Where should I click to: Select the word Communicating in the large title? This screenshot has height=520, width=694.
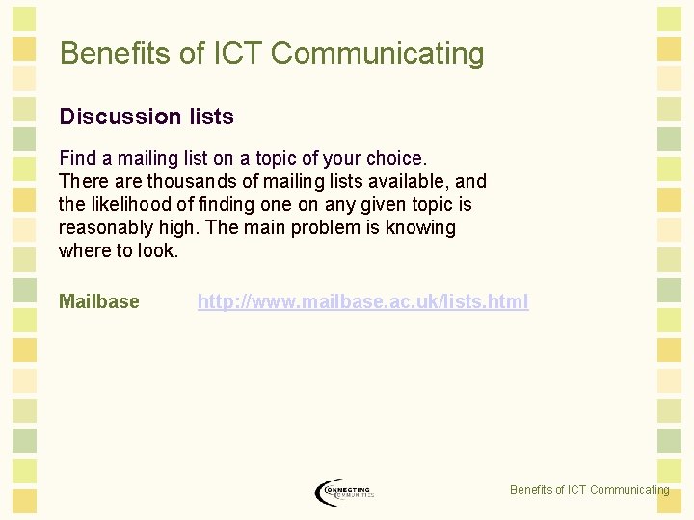(377, 53)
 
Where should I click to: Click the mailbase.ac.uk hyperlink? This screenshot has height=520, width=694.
(362, 301)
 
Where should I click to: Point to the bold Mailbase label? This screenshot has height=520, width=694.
(98, 301)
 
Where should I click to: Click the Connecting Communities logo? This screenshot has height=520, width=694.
(344, 491)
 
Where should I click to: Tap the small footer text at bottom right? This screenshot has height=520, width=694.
(589, 490)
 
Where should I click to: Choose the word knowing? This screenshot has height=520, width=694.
(422, 227)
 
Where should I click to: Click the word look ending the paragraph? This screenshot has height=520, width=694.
(158, 250)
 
